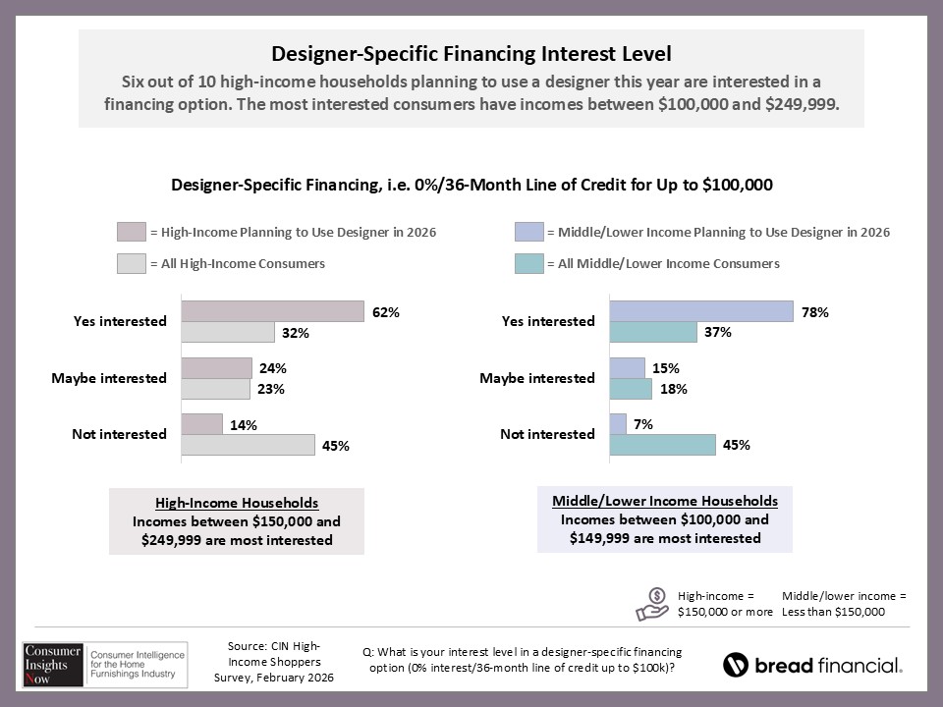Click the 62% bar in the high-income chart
pos(273,311)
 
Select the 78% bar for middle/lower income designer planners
pos(701,311)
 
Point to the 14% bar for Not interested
pos(202,424)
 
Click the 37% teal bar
pos(653,333)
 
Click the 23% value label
pos(271,389)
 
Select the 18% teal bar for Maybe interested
pos(631,389)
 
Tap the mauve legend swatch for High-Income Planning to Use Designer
pos(132,233)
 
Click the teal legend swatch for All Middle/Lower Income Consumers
pos(527,263)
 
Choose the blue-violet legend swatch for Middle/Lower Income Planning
pos(527,233)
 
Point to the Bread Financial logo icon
pos(736,665)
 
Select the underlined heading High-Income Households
pos(236,503)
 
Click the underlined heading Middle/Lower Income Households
pos(665,501)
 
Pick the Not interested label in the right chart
pos(548,434)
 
